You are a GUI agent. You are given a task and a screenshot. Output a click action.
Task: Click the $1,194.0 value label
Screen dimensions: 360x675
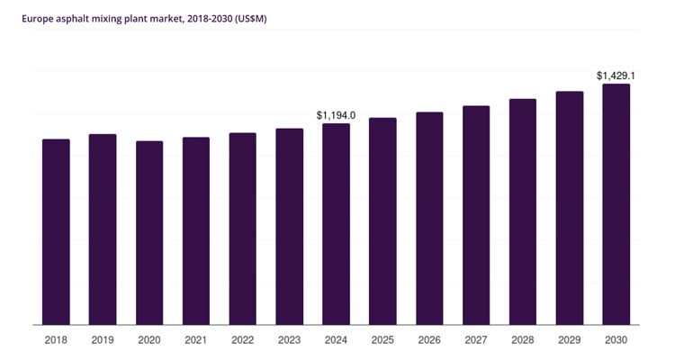pos(336,115)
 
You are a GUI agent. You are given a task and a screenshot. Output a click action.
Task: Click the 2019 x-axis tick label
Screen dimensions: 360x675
pos(103,340)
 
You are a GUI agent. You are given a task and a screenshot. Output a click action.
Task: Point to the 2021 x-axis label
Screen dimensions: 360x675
pos(196,340)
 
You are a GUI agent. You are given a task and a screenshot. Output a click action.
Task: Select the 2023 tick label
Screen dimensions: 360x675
pos(289,340)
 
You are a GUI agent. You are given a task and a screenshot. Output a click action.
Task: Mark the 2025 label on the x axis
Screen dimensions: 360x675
pos(382,340)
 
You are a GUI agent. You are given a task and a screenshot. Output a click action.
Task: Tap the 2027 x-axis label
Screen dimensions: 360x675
pos(476,340)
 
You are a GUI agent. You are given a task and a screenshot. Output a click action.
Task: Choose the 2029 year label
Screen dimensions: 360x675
pos(569,340)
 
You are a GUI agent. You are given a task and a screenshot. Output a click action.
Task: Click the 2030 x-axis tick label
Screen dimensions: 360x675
pos(616,340)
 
